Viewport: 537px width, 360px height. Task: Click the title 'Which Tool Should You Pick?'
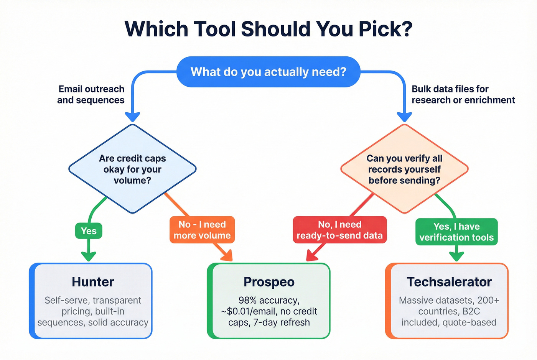(268, 29)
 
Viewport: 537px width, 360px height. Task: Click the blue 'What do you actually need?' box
(268, 72)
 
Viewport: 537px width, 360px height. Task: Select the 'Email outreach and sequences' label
(91, 94)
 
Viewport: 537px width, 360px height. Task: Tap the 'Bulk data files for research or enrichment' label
(463, 94)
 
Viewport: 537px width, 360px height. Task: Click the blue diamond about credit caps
(132, 169)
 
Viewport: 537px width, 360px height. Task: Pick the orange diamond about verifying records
(404, 169)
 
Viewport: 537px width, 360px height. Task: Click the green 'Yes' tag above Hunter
(89, 231)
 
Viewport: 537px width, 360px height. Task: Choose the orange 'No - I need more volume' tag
(202, 230)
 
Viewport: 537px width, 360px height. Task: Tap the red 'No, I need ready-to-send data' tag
(340, 230)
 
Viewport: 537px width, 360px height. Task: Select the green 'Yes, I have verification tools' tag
(456, 232)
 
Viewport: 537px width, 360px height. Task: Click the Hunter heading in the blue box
(93, 282)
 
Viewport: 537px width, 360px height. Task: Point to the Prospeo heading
(269, 282)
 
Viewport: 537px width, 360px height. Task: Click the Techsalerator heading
(449, 282)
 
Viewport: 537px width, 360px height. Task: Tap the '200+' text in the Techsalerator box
(488, 300)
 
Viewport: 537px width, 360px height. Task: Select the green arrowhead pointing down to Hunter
(89, 256)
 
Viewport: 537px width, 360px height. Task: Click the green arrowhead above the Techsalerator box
(456, 256)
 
